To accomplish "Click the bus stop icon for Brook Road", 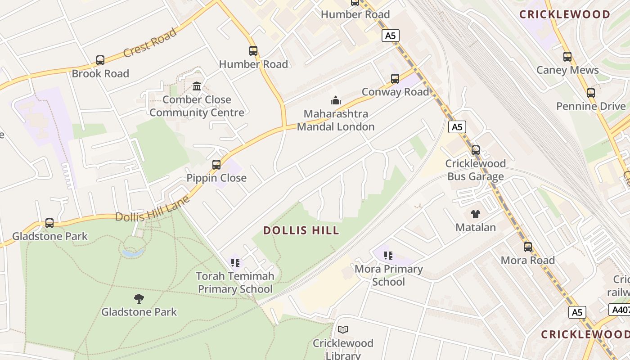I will click(x=100, y=60).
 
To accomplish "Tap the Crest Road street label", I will click(x=150, y=43).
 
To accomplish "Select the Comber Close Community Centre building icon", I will click(x=197, y=86).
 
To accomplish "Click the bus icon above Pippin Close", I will click(x=216, y=165).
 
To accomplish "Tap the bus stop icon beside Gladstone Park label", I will click(x=49, y=223).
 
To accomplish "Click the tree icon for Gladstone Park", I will click(x=139, y=298).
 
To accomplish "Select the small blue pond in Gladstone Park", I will click(x=134, y=253).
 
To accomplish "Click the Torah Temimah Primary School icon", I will click(x=235, y=263).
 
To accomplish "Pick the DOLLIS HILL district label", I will click(x=301, y=231).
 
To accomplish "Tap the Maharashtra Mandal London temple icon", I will click(x=336, y=100).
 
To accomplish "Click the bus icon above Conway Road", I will click(x=395, y=79).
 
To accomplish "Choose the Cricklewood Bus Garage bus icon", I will click(x=476, y=150).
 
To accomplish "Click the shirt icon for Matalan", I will click(x=476, y=214).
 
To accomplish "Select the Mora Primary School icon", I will click(x=388, y=256).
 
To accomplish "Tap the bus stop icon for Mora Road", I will click(x=528, y=247).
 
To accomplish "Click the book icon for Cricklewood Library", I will click(x=343, y=330).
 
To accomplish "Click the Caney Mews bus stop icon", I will click(x=567, y=57).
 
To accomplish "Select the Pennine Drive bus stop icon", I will click(x=591, y=93).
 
